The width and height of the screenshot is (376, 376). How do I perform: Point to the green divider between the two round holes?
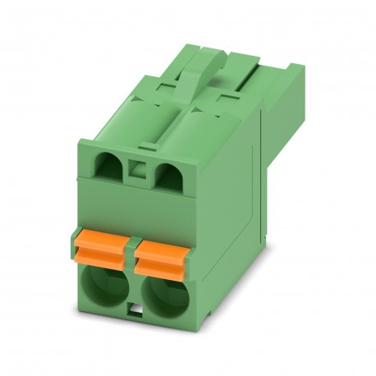coord(135,291)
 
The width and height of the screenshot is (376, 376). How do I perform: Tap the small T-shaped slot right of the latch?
coord(222,98)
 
